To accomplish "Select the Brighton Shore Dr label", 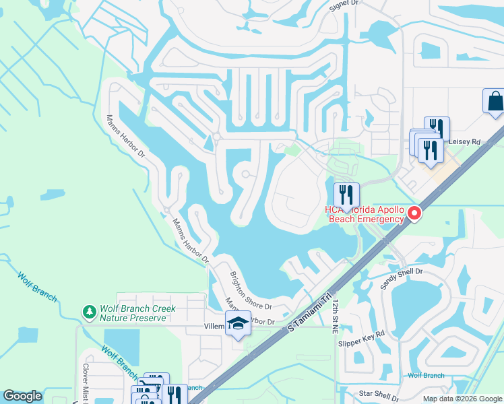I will (x=250, y=290).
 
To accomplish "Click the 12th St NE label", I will (x=335, y=317).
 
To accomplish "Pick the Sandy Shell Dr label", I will (x=401, y=277).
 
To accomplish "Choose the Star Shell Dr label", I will (x=382, y=393).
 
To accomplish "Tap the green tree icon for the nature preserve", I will (x=88, y=312).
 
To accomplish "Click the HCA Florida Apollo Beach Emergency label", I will (x=365, y=214).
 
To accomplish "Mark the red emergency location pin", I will (x=414, y=213).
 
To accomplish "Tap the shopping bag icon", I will (x=495, y=102).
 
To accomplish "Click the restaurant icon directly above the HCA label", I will (x=347, y=195).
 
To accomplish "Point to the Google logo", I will (x=22, y=396).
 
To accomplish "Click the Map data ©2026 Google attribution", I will (x=462, y=399).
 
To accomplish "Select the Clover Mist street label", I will (x=86, y=384).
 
